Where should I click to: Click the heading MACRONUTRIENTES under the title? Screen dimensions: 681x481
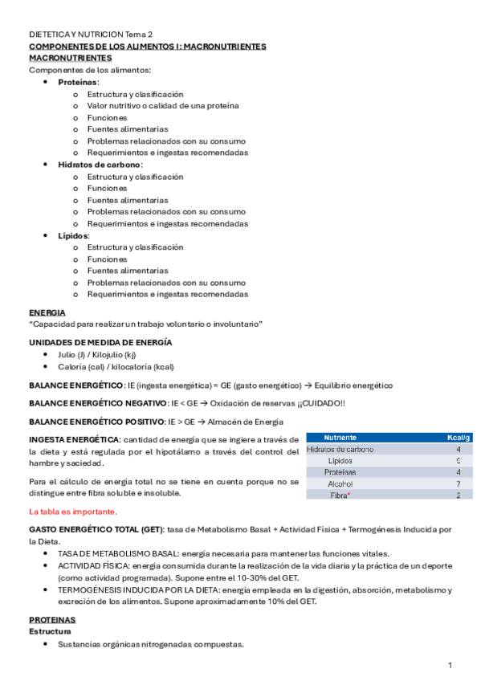click(71, 59)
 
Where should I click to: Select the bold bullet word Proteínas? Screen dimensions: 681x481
click(78, 83)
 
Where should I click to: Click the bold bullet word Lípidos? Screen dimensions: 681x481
click(73, 235)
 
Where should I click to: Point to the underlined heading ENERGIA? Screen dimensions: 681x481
click(47, 312)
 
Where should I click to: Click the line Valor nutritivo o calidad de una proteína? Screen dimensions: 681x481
click(162, 106)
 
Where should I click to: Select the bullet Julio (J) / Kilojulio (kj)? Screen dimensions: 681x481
click(96, 353)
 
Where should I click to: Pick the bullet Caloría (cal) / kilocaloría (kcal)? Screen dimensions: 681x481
click(116, 365)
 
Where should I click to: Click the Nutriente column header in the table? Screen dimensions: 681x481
click(340, 438)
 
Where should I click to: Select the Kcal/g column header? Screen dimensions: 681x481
click(458, 438)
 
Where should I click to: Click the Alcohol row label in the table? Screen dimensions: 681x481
click(340, 484)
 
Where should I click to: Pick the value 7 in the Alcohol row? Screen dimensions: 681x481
click(458, 484)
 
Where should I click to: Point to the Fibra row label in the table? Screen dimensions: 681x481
click(340, 496)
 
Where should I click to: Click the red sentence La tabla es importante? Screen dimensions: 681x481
click(72, 512)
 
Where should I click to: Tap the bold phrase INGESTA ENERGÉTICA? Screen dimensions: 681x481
click(74, 438)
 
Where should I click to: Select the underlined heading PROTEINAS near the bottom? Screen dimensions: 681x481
click(52, 621)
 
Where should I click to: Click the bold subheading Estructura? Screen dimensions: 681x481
click(50, 632)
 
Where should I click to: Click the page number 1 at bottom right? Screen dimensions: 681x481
click(450, 666)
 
